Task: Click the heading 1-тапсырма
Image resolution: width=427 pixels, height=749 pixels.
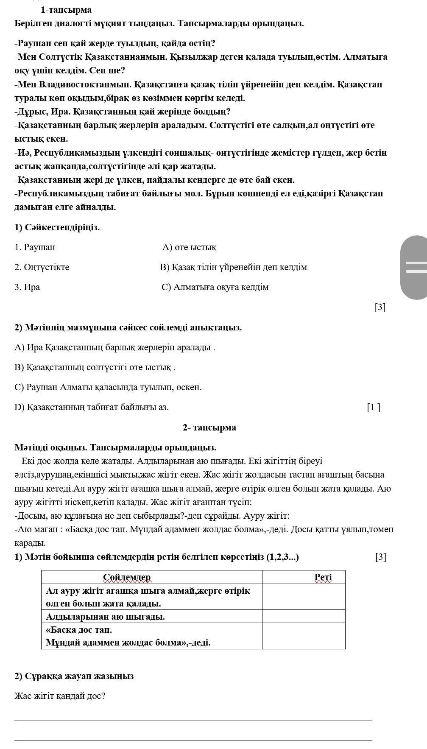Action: tap(66, 10)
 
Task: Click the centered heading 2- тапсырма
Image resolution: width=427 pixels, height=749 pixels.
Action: tap(209, 428)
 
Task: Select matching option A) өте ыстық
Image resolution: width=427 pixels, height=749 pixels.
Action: tap(189, 247)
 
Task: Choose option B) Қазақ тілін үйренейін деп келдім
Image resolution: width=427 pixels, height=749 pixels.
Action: tap(233, 267)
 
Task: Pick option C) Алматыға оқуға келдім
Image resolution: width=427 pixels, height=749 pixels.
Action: tap(215, 287)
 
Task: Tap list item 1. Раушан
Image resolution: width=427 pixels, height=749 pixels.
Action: tap(35, 247)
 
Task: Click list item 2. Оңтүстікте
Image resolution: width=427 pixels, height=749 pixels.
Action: tap(42, 267)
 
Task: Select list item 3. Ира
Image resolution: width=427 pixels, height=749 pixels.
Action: tap(27, 287)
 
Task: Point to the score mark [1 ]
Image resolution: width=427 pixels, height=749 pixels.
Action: tap(373, 408)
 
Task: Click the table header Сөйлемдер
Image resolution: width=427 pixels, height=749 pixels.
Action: tap(127, 578)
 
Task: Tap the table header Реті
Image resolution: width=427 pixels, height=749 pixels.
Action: tap(323, 578)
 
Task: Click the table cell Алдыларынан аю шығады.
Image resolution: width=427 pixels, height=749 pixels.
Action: tap(105, 617)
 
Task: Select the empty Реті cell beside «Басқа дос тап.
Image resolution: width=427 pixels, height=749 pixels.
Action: tap(304, 636)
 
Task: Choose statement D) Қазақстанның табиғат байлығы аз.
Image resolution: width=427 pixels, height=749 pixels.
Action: tap(92, 408)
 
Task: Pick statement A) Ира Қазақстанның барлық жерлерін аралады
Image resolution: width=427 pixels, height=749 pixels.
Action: tap(115, 348)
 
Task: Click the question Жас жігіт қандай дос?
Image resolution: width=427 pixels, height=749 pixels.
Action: tap(60, 696)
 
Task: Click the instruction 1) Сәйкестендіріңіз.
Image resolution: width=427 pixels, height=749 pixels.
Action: tap(57, 227)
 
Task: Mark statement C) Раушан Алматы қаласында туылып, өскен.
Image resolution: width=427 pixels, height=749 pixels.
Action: tap(108, 388)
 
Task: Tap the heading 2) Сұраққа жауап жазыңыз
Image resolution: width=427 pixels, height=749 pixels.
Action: tap(74, 676)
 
